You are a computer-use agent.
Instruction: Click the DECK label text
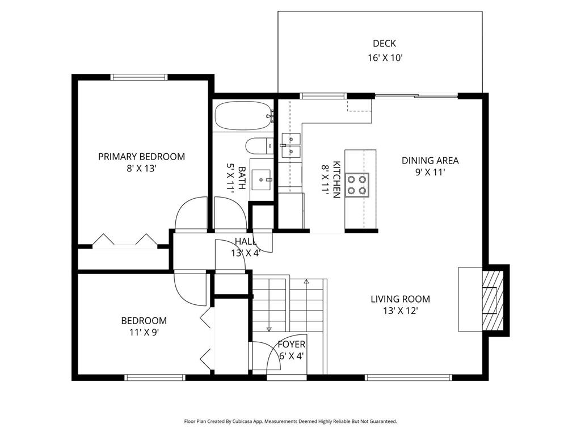tap(384, 43)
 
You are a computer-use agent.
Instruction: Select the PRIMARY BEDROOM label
tap(141, 157)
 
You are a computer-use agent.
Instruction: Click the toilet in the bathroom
tap(259, 146)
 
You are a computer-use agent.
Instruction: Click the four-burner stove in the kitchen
tap(357, 185)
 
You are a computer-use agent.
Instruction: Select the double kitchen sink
tap(290, 145)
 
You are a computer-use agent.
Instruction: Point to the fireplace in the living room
tap(491, 299)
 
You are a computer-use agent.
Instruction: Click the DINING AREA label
tap(430, 160)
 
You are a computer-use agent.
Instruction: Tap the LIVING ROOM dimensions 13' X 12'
tap(401, 311)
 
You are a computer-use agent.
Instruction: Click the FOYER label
tap(292, 345)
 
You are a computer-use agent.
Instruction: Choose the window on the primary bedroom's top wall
tap(139, 77)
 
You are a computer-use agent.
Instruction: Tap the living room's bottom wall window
tap(409, 377)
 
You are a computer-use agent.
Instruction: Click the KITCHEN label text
tap(336, 179)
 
